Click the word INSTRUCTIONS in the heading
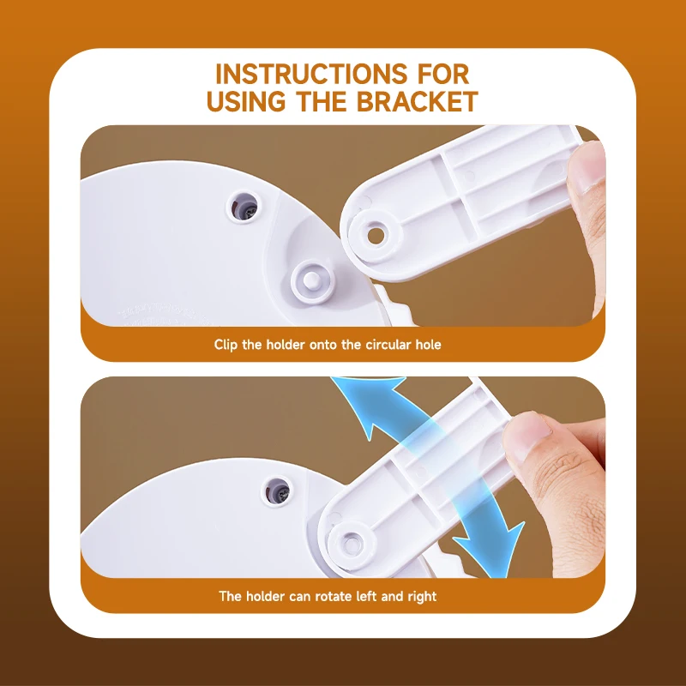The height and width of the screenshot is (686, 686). click(x=311, y=74)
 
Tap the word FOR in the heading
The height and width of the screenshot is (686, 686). click(x=443, y=74)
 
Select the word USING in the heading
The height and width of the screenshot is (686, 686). click(x=246, y=101)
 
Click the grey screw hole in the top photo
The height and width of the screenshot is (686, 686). click(x=244, y=207)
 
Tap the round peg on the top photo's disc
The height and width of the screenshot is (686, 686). click(x=311, y=280)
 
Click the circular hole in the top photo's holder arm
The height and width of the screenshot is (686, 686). click(x=376, y=236)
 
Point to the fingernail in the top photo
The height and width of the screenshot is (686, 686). click(x=587, y=165)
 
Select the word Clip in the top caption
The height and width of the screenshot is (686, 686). click(x=226, y=345)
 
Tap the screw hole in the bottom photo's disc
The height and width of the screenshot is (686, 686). click(x=277, y=491)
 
